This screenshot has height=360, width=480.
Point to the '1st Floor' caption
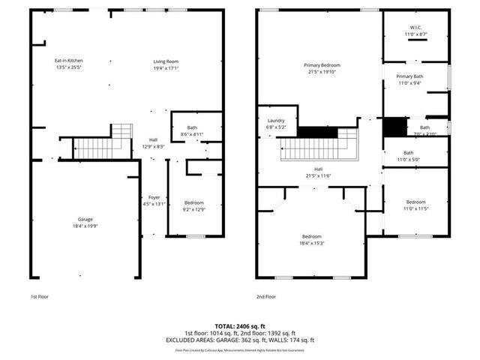(39, 297)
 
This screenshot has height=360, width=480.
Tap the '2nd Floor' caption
(265, 297)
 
